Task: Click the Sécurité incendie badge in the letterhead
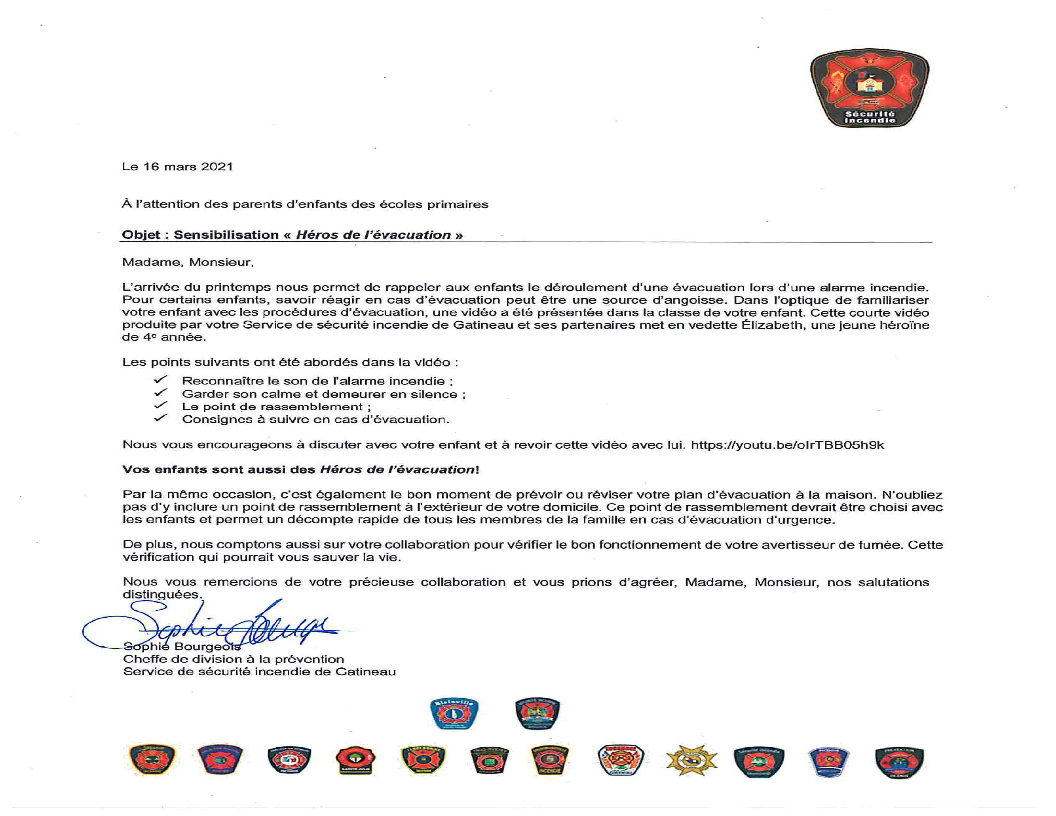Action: click(x=869, y=88)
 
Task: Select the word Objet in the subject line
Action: click(x=141, y=235)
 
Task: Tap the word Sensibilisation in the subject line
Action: click(x=226, y=235)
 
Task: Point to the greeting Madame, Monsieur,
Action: click(x=188, y=263)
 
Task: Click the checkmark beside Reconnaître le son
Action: click(x=160, y=380)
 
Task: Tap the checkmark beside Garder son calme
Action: click(x=160, y=393)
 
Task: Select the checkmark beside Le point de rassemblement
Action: click(x=160, y=405)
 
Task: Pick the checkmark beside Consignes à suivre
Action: click(x=160, y=418)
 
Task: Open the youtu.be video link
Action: click(x=787, y=445)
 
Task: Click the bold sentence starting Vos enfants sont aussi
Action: click(x=300, y=470)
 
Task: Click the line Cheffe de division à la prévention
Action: click(x=234, y=660)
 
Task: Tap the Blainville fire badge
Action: click(x=454, y=713)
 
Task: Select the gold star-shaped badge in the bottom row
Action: click(x=691, y=760)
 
